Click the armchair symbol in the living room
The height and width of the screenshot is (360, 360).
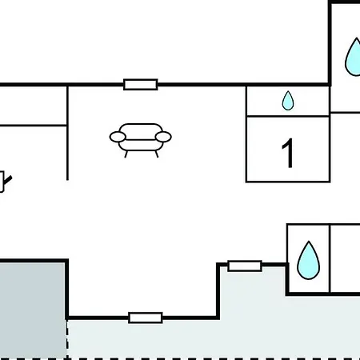coord(141,140)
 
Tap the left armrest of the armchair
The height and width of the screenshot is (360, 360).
coord(118,137)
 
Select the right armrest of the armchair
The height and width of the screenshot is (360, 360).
coord(163,137)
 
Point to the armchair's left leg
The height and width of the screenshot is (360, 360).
coord(126,154)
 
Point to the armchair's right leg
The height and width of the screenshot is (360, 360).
coord(157,154)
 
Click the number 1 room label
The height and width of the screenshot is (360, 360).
coord(288,154)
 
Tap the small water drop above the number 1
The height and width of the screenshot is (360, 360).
coord(288,101)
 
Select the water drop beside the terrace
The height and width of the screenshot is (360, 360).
coord(308,260)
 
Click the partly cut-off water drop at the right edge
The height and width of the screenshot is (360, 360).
coord(353,57)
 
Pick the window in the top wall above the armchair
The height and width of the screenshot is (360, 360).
coord(141,85)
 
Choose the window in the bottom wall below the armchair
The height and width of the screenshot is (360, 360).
coord(146,318)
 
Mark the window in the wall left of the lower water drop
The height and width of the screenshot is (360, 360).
coord(245,266)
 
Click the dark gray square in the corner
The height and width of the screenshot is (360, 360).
coord(33,310)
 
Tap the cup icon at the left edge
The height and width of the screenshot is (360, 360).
coord(5,182)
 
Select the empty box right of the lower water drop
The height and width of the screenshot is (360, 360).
coord(346,258)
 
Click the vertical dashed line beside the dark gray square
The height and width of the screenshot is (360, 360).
coord(67,339)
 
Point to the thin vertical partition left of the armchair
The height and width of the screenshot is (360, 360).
coord(67,133)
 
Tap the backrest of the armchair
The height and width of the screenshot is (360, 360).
coord(141,128)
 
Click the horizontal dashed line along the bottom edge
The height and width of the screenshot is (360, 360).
coord(180,359)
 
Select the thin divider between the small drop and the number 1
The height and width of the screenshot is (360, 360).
coord(288,116)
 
